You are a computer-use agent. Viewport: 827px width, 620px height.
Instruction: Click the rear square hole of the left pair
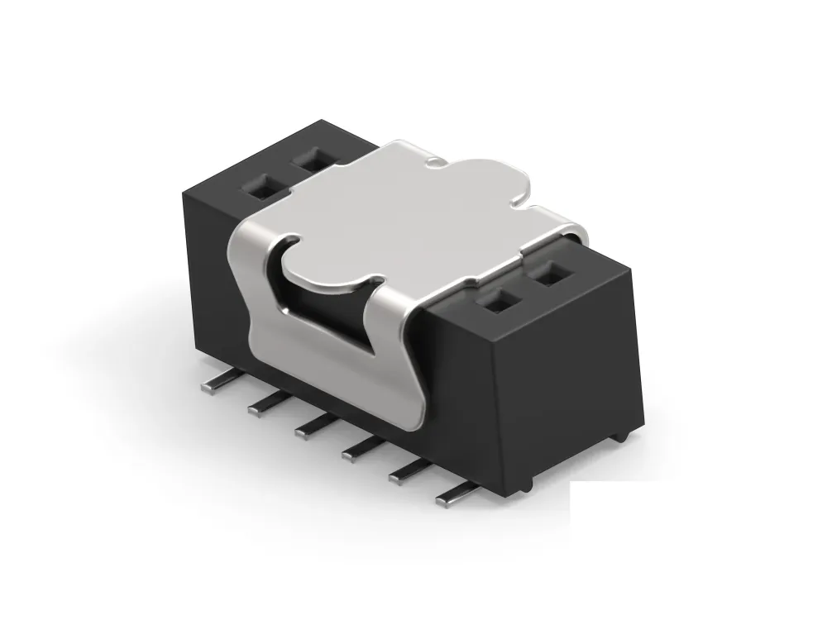pos(312,159)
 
